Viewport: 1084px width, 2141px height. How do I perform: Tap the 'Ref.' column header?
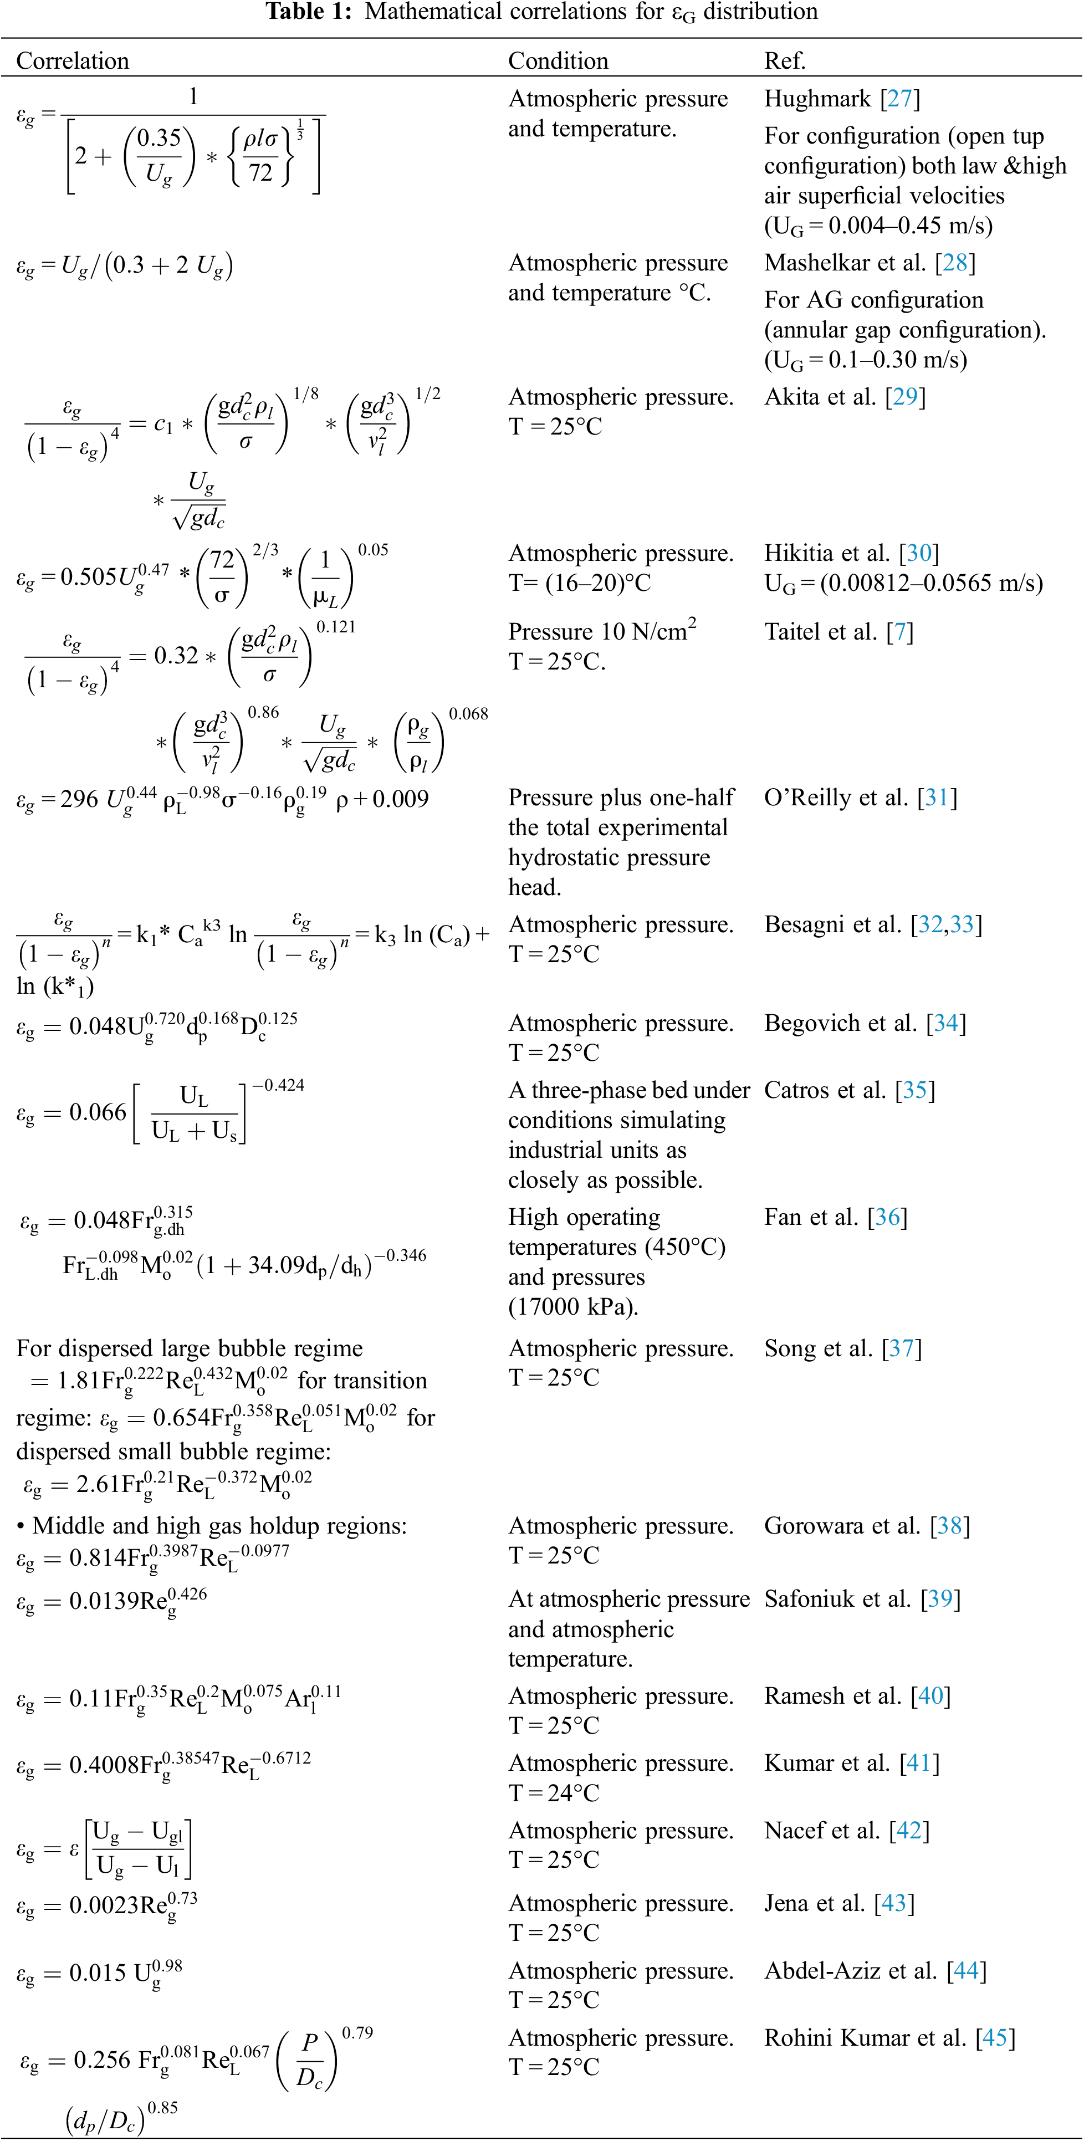pyautogui.click(x=785, y=60)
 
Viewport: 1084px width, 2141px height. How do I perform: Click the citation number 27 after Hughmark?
pyautogui.click(x=899, y=99)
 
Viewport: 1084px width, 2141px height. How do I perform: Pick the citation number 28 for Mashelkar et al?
pyautogui.click(x=954, y=263)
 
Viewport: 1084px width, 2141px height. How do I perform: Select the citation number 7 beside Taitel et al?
pyautogui.click(x=899, y=632)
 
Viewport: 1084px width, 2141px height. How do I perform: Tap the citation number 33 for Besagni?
pyautogui.click(x=962, y=924)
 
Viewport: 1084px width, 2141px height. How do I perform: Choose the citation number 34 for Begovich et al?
pyautogui.click(x=945, y=1023)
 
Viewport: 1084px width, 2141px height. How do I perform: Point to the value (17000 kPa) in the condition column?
pyautogui.click(x=573, y=1306)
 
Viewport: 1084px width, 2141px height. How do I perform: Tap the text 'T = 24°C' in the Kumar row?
pyautogui.click(x=554, y=1793)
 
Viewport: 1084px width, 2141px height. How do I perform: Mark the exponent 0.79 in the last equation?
pyautogui.click(x=357, y=2032)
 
